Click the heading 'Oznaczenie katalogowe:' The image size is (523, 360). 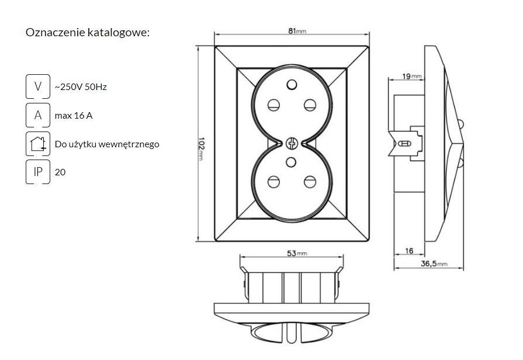(88, 32)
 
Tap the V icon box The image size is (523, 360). (38, 86)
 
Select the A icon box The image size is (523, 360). (38, 115)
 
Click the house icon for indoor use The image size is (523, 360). (38, 144)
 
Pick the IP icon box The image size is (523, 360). (38, 172)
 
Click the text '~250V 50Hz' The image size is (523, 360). (81, 87)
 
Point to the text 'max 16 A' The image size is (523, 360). (74, 116)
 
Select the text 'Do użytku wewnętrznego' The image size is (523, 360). (107, 144)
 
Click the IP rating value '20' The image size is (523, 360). (60, 172)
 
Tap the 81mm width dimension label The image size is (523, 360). (297, 31)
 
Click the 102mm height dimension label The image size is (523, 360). (200, 148)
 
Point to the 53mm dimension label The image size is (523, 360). (297, 253)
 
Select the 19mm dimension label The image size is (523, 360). (411, 77)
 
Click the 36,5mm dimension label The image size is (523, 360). (434, 264)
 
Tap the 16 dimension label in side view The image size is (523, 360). (409, 251)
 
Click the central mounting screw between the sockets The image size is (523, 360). (292, 143)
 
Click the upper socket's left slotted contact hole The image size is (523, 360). (273, 105)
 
